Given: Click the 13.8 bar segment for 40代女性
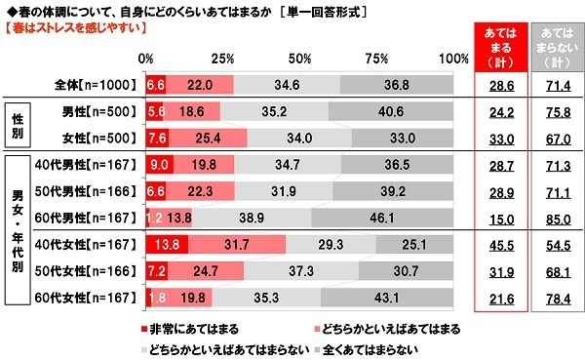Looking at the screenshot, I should click(x=166, y=242).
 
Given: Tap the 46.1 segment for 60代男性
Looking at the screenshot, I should click(x=382, y=215).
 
